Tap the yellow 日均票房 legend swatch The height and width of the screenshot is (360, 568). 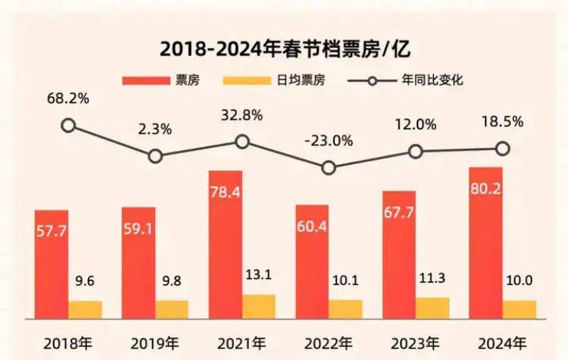pos(248,80)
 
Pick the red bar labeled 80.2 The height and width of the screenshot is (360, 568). pos(486,243)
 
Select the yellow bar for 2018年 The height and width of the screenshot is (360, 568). pos(85,309)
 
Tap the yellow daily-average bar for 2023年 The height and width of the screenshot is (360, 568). pos(432,308)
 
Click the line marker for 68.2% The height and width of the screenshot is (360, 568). pos(68,126)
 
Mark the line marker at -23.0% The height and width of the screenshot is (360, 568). pos(328,167)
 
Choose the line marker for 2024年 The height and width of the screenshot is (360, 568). pos(501,149)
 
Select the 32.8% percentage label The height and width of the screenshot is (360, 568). pos(242,115)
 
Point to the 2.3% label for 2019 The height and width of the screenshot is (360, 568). pos(155,130)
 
